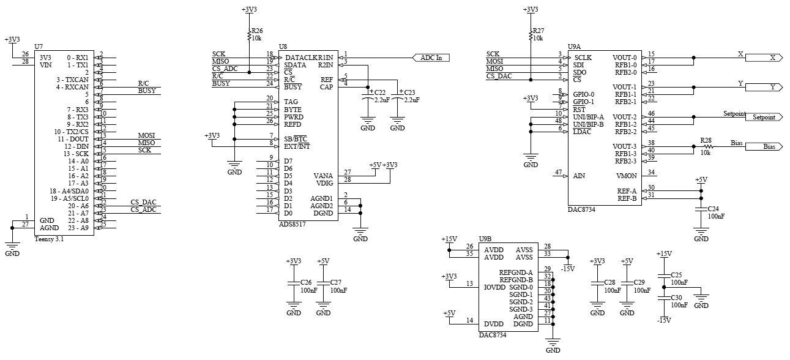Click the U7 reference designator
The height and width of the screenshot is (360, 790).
tap(39, 47)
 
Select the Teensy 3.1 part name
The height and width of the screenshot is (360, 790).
tap(50, 239)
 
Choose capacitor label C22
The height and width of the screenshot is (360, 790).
tap(380, 92)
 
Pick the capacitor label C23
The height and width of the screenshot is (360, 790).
tap(409, 92)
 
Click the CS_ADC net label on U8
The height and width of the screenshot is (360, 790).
tap(225, 69)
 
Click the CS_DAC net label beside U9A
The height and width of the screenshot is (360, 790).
tap(499, 76)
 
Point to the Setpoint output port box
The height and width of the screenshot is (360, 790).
tap(763, 117)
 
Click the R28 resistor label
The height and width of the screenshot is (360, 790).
tap(707, 140)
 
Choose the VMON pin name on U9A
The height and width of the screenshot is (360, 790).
tap(627, 176)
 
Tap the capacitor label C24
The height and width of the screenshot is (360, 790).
tap(714, 209)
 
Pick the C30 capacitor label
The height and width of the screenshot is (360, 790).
tap(676, 297)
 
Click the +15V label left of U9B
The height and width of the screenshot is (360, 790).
tap(449, 239)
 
